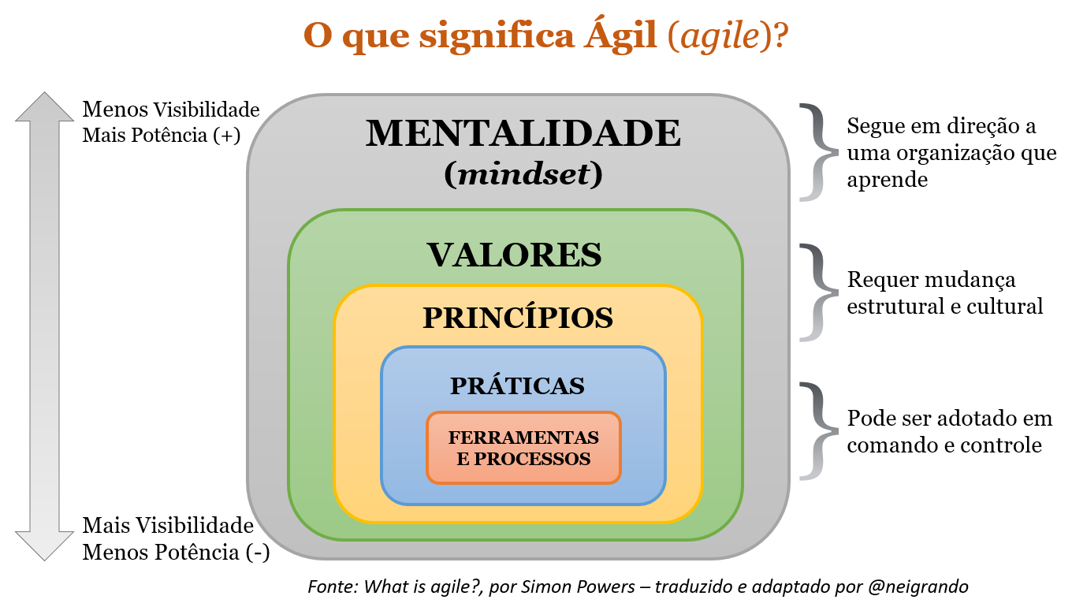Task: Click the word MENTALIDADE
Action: click(x=523, y=134)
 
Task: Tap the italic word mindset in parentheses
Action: click(x=523, y=174)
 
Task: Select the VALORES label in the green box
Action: click(x=515, y=255)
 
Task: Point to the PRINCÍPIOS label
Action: click(x=518, y=318)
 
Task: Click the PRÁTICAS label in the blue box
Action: click(x=518, y=385)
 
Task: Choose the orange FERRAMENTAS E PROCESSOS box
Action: click(x=523, y=448)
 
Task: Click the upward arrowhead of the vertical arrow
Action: click(x=44, y=107)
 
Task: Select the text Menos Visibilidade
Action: click(x=171, y=109)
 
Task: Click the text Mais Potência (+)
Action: click(x=161, y=135)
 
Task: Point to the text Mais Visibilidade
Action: click(x=168, y=526)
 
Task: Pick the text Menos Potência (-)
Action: click(x=176, y=552)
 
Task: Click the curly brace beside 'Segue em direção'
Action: click(x=817, y=151)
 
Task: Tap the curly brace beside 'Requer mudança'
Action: click(x=817, y=292)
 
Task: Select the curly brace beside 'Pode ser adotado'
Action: click(x=817, y=431)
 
